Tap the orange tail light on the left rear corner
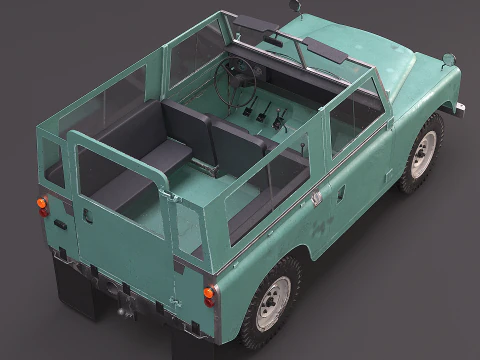(42, 206)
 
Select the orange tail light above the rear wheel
(209, 296)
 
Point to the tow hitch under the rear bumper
(126, 297)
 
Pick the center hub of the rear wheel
(273, 302)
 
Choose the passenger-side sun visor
(326, 49)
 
